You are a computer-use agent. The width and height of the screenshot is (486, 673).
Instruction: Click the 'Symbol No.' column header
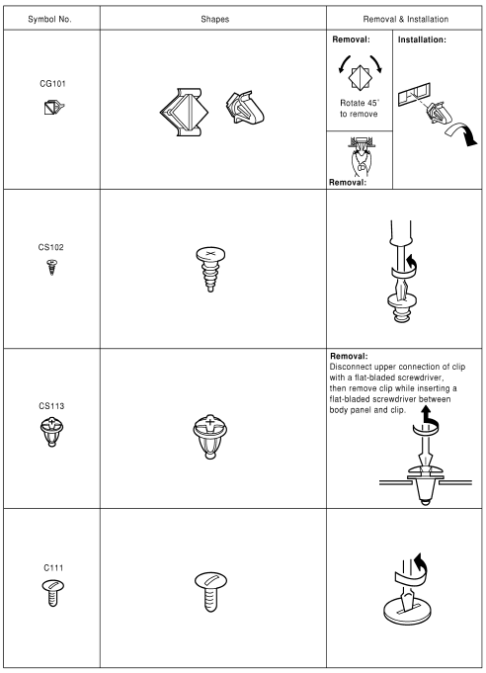tap(49, 17)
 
